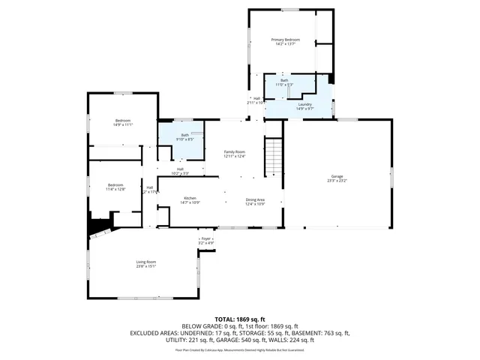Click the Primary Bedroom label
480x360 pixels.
(x=286, y=39)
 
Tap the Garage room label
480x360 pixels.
(x=337, y=175)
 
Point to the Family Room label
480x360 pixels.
(x=235, y=151)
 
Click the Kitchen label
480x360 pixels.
(x=189, y=198)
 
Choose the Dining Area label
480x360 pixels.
(x=256, y=199)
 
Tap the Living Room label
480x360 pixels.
(x=145, y=262)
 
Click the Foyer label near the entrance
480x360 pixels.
(x=206, y=238)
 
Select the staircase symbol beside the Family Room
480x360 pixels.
(x=274, y=154)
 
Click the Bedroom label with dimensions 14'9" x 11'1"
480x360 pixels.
(x=122, y=121)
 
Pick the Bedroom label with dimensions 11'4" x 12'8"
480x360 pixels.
(x=115, y=184)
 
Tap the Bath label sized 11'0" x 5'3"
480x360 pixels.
(x=284, y=80)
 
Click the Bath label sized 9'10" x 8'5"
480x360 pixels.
(x=184, y=135)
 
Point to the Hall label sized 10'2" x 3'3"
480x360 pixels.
(x=180, y=169)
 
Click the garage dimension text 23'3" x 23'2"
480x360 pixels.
(x=337, y=181)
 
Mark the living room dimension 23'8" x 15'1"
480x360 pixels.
(x=145, y=267)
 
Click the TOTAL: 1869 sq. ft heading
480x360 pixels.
(x=240, y=319)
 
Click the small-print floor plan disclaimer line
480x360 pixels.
(x=240, y=349)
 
